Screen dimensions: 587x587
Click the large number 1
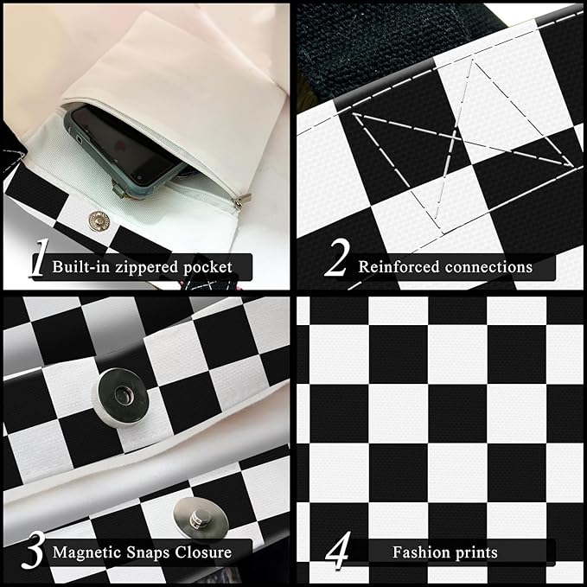39,258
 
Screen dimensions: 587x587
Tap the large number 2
337,258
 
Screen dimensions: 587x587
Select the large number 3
33,550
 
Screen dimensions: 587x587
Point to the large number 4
339,550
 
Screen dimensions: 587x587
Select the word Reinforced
399,267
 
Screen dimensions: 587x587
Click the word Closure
203,552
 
